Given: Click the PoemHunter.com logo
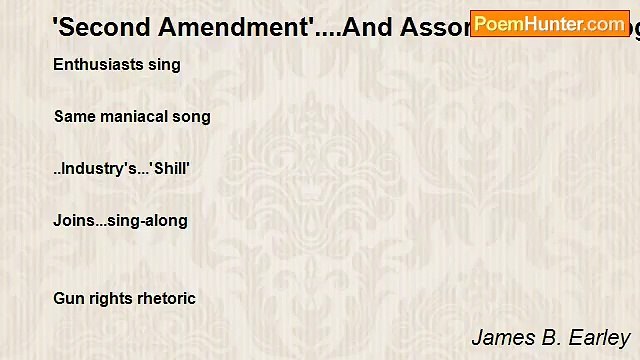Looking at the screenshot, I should pos(549,23).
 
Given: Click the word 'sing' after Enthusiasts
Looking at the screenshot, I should pos(163,65).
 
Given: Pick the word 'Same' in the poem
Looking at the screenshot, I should pos(75,117).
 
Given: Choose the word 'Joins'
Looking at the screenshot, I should pos(73,221).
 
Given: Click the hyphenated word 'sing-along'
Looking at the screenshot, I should pos(148,221).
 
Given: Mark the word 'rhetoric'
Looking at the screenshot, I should pos(164,298).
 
